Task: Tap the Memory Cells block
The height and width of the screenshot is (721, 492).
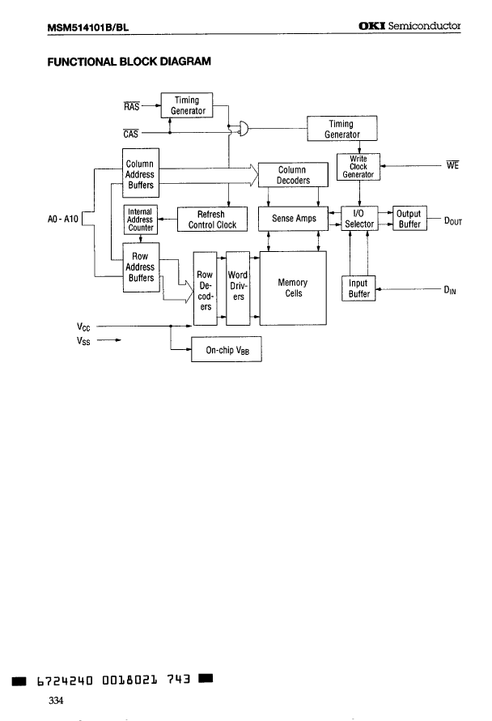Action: pyautogui.click(x=293, y=288)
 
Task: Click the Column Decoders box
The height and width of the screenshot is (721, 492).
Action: pyautogui.click(x=293, y=175)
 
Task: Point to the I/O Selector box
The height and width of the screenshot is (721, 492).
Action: pyautogui.click(x=358, y=219)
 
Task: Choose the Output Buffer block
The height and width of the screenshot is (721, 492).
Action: pyautogui.click(x=409, y=219)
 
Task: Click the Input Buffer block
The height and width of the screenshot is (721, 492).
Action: pyautogui.click(x=359, y=289)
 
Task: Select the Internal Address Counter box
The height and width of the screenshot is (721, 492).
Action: pyautogui.click(x=140, y=219)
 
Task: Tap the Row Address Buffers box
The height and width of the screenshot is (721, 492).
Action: pyautogui.click(x=140, y=267)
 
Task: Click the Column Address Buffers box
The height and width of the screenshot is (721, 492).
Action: pyautogui.click(x=140, y=174)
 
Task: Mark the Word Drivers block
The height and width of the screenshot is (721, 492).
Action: pyautogui.click(x=238, y=288)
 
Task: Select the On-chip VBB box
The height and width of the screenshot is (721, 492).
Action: pyautogui.click(x=227, y=352)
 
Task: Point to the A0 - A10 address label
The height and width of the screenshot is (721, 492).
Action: pyautogui.click(x=63, y=220)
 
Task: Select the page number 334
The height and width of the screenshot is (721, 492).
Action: pyautogui.click(x=56, y=700)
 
